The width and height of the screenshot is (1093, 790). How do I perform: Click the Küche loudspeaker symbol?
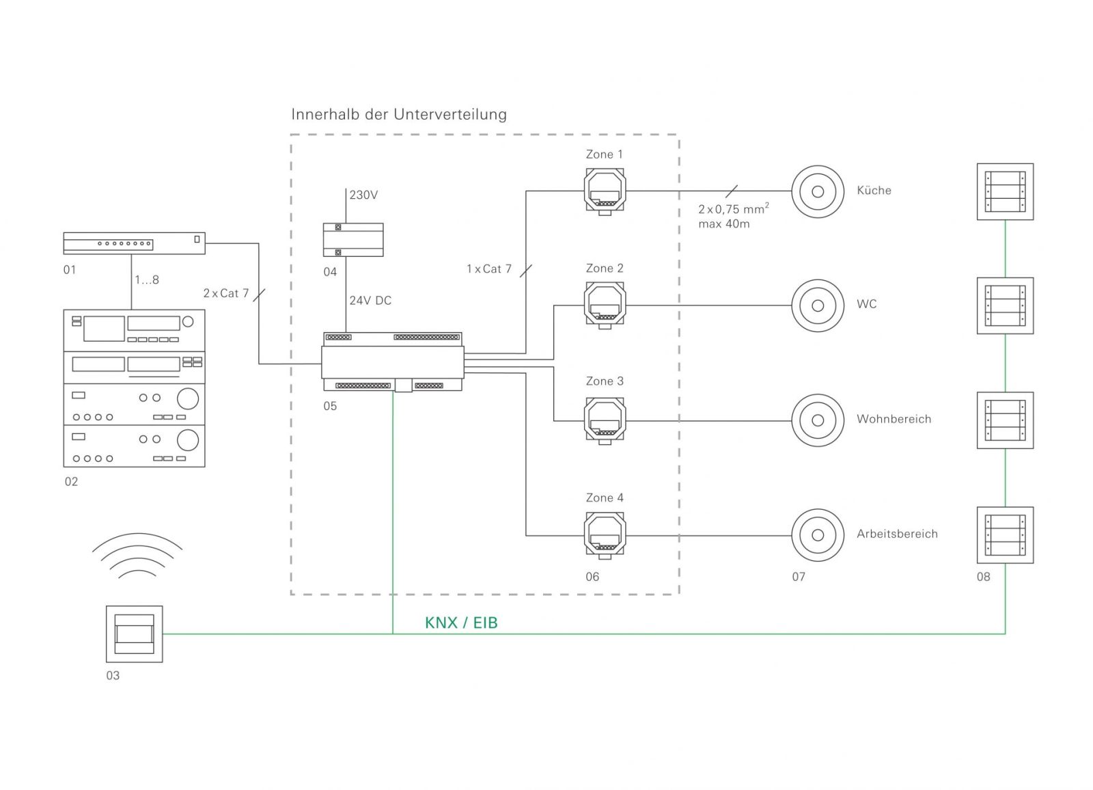pyautogui.click(x=817, y=191)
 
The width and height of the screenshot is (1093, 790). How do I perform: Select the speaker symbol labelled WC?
pyautogui.click(x=817, y=305)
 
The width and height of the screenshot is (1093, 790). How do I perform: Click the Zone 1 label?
pyautogui.click(x=604, y=154)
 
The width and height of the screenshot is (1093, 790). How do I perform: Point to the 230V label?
pyautogui.click(x=363, y=195)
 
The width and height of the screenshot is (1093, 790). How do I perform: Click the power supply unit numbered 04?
pyautogui.click(x=353, y=240)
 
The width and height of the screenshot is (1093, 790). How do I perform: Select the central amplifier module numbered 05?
pyautogui.click(x=393, y=362)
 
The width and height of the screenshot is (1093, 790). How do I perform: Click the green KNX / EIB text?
pyautogui.click(x=461, y=623)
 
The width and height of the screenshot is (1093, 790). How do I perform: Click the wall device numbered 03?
pyautogui.click(x=134, y=634)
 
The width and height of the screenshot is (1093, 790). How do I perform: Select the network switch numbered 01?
pyautogui.click(x=134, y=243)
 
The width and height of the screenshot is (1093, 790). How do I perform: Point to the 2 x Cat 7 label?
pyautogui.click(x=225, y=293)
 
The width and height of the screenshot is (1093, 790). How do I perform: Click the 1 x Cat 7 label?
pyautogui.click(x=488, y=269)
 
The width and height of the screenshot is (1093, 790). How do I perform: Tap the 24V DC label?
pyautogui.click(x=370, y=301)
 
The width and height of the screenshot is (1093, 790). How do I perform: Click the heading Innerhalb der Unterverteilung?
pyautogui.click(x=399, y=114)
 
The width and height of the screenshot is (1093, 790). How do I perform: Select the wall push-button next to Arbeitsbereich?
pyautogui.click(x=1004, y=535)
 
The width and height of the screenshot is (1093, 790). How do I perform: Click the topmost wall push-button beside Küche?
pyautogui.click(x=1004, y=191)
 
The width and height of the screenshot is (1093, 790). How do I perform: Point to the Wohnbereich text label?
pyautogui.click(x=894, y=419)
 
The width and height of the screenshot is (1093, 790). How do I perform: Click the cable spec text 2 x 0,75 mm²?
pyautogui.click(x=733, y=209)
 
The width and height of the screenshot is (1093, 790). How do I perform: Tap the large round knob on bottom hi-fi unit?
pyautogui.click(x=187, y=439)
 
